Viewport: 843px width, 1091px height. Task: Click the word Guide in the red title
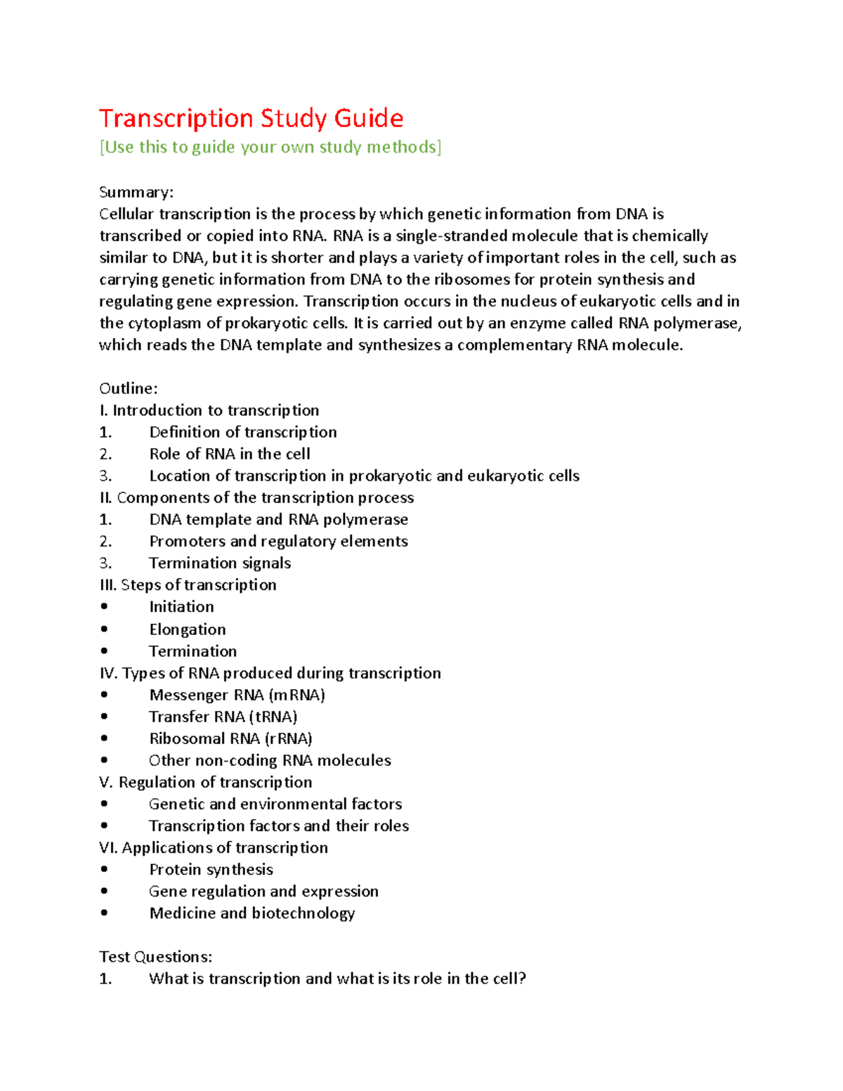click(x=368, y=119)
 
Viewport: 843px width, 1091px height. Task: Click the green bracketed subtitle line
click(x=270, y=148)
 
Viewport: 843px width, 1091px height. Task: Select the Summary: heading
click(x=136, y=192)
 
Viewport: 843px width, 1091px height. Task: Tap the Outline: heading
click(x=129, y=388)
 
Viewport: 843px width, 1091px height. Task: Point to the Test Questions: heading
click(x=155, y=957)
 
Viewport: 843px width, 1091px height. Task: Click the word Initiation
click(x=181, y=607)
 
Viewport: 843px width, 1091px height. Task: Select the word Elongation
click(x=188, y=629)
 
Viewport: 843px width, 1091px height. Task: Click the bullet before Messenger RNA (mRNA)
click(x=104, y=695)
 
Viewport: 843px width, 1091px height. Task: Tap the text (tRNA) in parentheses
click(x=273, y=717)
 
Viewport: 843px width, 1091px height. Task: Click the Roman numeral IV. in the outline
click(x=108, y=673)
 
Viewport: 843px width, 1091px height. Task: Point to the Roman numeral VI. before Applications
click(x=108, y=848)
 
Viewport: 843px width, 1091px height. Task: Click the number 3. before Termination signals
click(x=105, y=563)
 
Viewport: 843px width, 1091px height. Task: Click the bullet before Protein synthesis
click(x=104, y=870)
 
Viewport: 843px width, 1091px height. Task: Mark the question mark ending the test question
click(x=521, y=979)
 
